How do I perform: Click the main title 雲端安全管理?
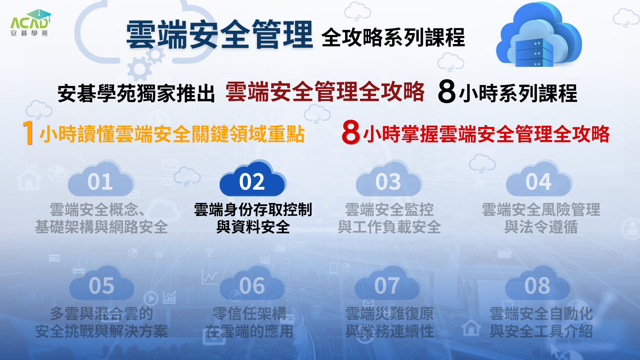coord(220,34)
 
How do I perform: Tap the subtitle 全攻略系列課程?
coord(393,37)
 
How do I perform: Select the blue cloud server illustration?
coord(539,34)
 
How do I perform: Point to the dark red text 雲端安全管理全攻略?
coord(325,91)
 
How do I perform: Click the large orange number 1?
coord(28,133)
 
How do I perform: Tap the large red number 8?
coord(351,132)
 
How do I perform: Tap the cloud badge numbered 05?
coord(102,283)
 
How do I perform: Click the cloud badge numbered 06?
coord(252,283)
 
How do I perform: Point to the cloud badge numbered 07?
coord(387,283)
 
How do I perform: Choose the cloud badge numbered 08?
coord(537,283)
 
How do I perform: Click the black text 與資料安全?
coord(253,227)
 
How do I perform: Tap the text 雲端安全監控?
coord(389,210)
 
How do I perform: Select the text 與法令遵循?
coord(541,227)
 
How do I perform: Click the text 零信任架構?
coord(250,314)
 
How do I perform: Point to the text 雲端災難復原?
coord(390,314)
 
